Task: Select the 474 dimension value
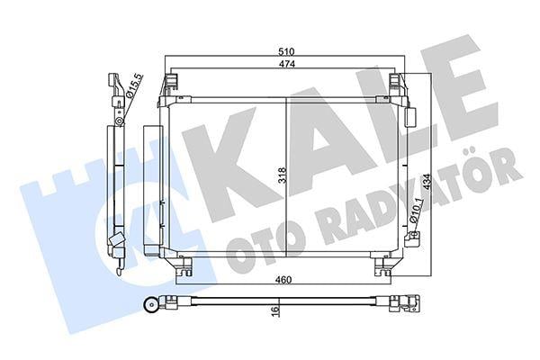coord(285,66)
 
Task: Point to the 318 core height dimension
coord(281,175)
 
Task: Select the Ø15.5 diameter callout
coord(133,88)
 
